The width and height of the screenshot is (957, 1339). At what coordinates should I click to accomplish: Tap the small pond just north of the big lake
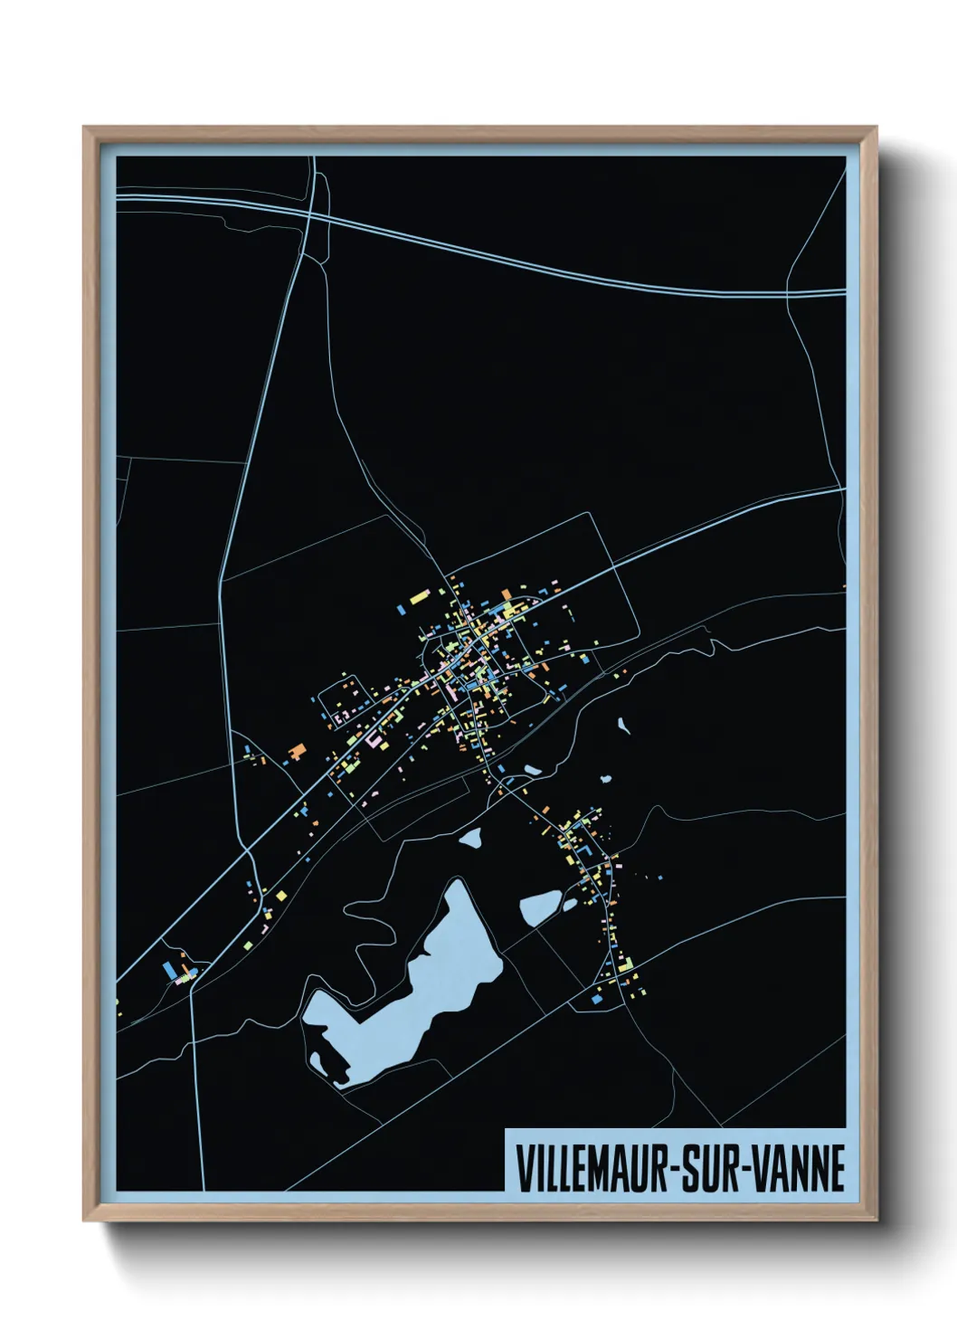[470, 838]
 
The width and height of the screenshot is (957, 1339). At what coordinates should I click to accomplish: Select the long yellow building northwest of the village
[419, 597]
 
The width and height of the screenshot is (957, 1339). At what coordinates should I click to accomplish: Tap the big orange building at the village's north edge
[507, 594]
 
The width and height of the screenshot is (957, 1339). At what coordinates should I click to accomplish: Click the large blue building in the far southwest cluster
[168, 971]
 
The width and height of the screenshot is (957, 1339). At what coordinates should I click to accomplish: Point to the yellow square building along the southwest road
[281, 895]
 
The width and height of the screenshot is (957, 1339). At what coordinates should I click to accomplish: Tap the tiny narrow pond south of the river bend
[622, 724]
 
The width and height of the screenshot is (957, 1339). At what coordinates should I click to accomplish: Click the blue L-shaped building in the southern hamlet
[586, 851]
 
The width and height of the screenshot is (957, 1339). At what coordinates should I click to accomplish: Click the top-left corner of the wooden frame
[86, 128]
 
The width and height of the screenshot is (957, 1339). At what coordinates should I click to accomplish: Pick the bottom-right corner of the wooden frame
[875, 1219]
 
